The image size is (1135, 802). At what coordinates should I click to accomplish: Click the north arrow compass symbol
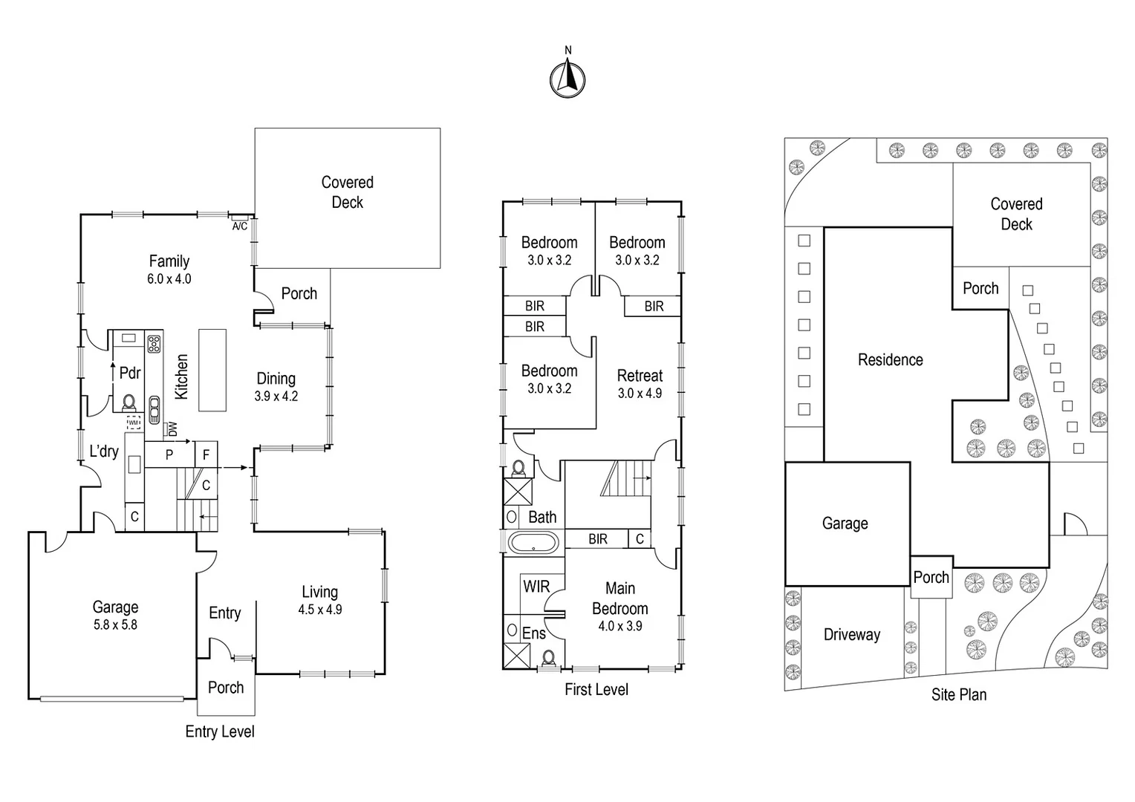pyautogui.click(x=567, y=78)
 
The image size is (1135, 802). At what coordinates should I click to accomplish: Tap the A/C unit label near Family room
pyautogui.click(x=240, y=226)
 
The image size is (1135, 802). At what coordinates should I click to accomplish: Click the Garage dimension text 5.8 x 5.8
pyautogui.click(x=115, y=625)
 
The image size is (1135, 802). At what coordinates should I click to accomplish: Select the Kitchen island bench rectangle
pyautogui.click(x=212, y=370)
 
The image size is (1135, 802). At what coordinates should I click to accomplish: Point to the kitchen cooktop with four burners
pyautogui.click(x=154, y=344)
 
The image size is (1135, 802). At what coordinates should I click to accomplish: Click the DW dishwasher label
pyautogui.click(x=172, y=429)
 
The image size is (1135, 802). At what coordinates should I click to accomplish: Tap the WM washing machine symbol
pyautogui.click(x=134, y=423)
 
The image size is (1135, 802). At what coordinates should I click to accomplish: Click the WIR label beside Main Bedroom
pyautogui.click(x=536, y=587)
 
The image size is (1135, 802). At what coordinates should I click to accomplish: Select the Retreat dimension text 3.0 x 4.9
pyautogui.click(x=640, y=393)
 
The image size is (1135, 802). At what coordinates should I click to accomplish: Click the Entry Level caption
pyautogui.click(x=220, y=731)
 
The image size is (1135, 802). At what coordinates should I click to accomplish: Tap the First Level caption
pyautogui.click(x=596, y=689)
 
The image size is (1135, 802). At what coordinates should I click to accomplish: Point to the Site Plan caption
pyautogui.click(x=959, y=694)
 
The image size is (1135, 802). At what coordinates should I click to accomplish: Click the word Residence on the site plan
pyautogui.click(x=890, y=360)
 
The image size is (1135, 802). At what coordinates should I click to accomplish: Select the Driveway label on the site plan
pyautogui.click(x=852, y=635)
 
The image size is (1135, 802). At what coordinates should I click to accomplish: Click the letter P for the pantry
pyautogui.click(x=169, y=454)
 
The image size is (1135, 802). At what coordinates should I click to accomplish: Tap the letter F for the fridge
pyautogui.click(x=206, y=454)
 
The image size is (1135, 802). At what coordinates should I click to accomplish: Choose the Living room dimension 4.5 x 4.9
pyautogui.click(x=320, y=610)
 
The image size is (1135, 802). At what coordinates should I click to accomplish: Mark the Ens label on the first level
pyautogui.click(x=534, y=633)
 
